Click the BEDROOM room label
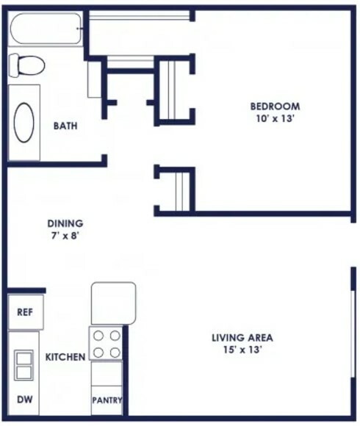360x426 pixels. point(275,106)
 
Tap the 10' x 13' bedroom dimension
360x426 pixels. point(276,119)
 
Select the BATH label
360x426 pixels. point(65,126)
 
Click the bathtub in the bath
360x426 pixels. point(46,28)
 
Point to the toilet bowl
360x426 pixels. point(31,65)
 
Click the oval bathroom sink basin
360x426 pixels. point(24,122)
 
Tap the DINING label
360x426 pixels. point(65,223)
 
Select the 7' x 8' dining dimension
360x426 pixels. point(65,236)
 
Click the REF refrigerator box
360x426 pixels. point(26,312)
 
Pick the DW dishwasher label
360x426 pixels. point(25,400)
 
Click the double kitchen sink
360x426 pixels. point(24,366)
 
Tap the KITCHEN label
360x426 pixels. point(65,357)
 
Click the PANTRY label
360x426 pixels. point(107,400)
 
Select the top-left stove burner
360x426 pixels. point(98,336)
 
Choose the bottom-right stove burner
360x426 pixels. point(115,353)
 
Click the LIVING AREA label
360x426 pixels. point(242,338)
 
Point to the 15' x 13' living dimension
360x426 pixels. point(242,350)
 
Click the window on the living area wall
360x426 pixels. point(353,334)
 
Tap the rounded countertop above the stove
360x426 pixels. point(113,303)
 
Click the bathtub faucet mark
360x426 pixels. point(79,28)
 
